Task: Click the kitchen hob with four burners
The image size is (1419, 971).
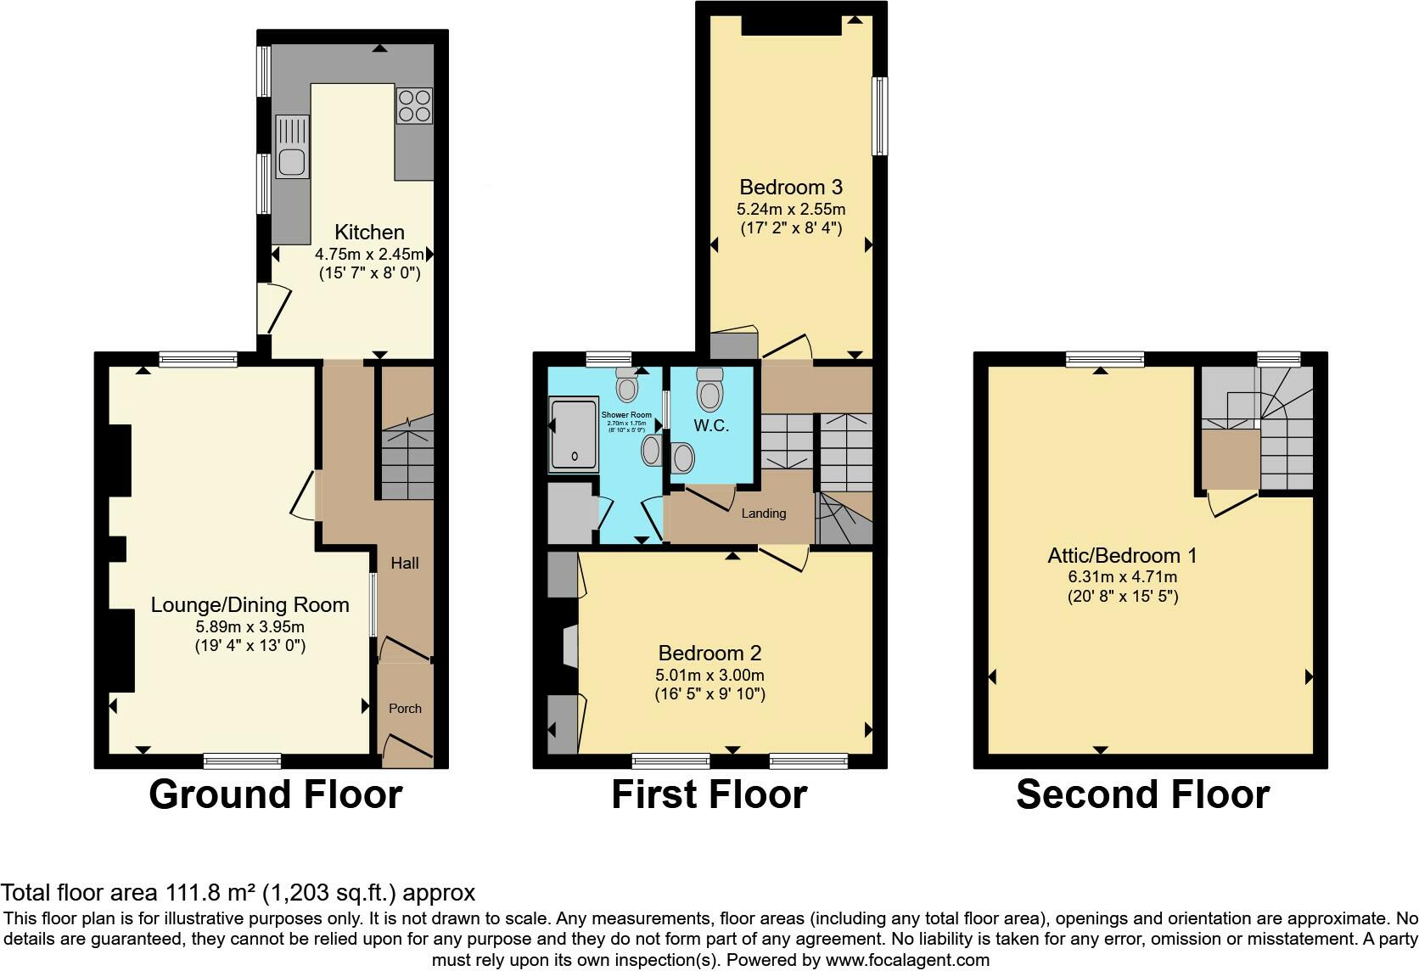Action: (x=413, y=106)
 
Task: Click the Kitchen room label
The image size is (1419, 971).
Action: (x=369, y=232)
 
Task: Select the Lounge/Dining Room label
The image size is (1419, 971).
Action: (x=250, y=605)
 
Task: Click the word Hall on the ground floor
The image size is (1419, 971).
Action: (x=405, y=563)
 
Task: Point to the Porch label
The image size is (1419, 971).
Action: (x=405, y=708)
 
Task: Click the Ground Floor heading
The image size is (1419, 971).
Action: (x=275, y=794)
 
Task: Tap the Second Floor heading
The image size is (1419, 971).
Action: (x=1142, y=794)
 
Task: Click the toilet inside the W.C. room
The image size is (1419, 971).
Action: (x=709, y=391)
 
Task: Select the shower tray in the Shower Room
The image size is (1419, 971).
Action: (x=575, y=435)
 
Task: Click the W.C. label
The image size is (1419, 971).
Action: (x=711, y=426)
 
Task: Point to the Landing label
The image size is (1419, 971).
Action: (x=763, y=513)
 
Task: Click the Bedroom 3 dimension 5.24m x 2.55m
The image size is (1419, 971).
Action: (x=791, y=209)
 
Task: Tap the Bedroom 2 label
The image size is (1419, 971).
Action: (x=709, y=653)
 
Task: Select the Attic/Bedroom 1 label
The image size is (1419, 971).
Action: (x=1122, y=556)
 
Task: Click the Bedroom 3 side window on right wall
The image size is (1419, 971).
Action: (x=880, y=116)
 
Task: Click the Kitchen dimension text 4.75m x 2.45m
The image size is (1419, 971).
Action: (x=369, y=254)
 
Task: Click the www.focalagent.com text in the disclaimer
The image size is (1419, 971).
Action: (x=906, y=961)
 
